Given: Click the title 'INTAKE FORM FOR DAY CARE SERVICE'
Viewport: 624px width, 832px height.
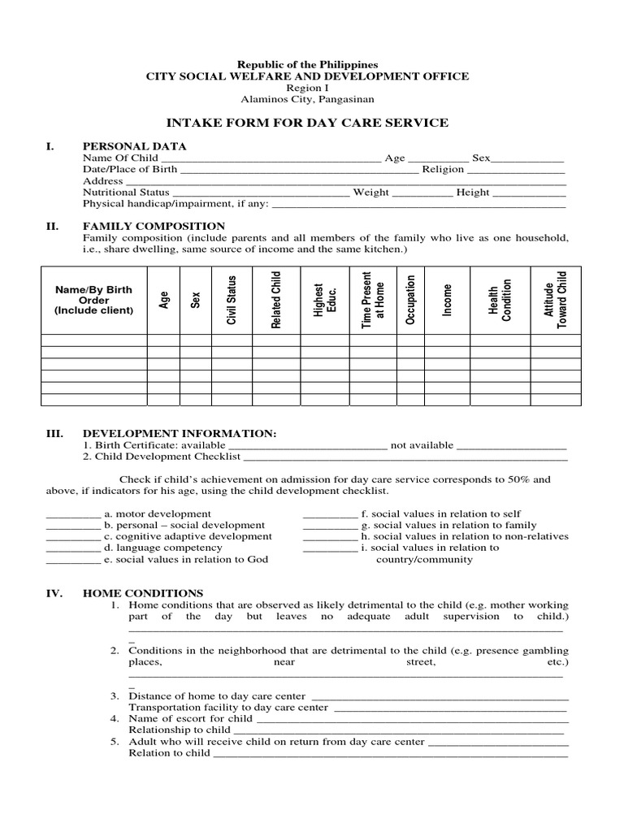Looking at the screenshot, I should click(x=307, y=123).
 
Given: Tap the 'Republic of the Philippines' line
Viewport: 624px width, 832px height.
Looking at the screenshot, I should click(x=306, y=64).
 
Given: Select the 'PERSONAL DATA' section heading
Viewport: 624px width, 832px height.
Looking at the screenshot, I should click(x=134, y=146).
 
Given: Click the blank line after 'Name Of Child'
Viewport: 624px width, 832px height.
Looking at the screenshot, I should click(x=271, y=159).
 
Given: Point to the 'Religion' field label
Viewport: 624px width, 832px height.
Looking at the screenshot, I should click(x=443, y=170).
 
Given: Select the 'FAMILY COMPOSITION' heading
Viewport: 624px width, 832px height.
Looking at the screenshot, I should click(x=154, y=226).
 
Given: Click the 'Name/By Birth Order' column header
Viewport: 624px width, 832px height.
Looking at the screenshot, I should click(x=93, y=300).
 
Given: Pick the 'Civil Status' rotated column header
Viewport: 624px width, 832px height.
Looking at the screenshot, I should click(x=232, y=300).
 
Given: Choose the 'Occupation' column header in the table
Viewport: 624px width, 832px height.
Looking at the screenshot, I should click(x=410, y=300).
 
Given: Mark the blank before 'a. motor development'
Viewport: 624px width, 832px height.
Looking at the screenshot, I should click(x=72, y=515).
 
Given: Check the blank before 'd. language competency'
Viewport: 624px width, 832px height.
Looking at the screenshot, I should click(x=72, y=549).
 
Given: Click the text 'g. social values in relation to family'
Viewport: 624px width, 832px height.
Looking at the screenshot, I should click(x=448, y=526).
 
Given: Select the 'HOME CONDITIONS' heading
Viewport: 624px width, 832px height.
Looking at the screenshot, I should click(x=143, y=594).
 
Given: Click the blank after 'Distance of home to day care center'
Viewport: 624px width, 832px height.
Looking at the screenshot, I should click(x=440, y=697).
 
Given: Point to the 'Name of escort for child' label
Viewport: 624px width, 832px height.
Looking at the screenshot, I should click(x=191, y=719).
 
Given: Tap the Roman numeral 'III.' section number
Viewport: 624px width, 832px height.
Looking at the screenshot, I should click(x=54, y=435).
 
